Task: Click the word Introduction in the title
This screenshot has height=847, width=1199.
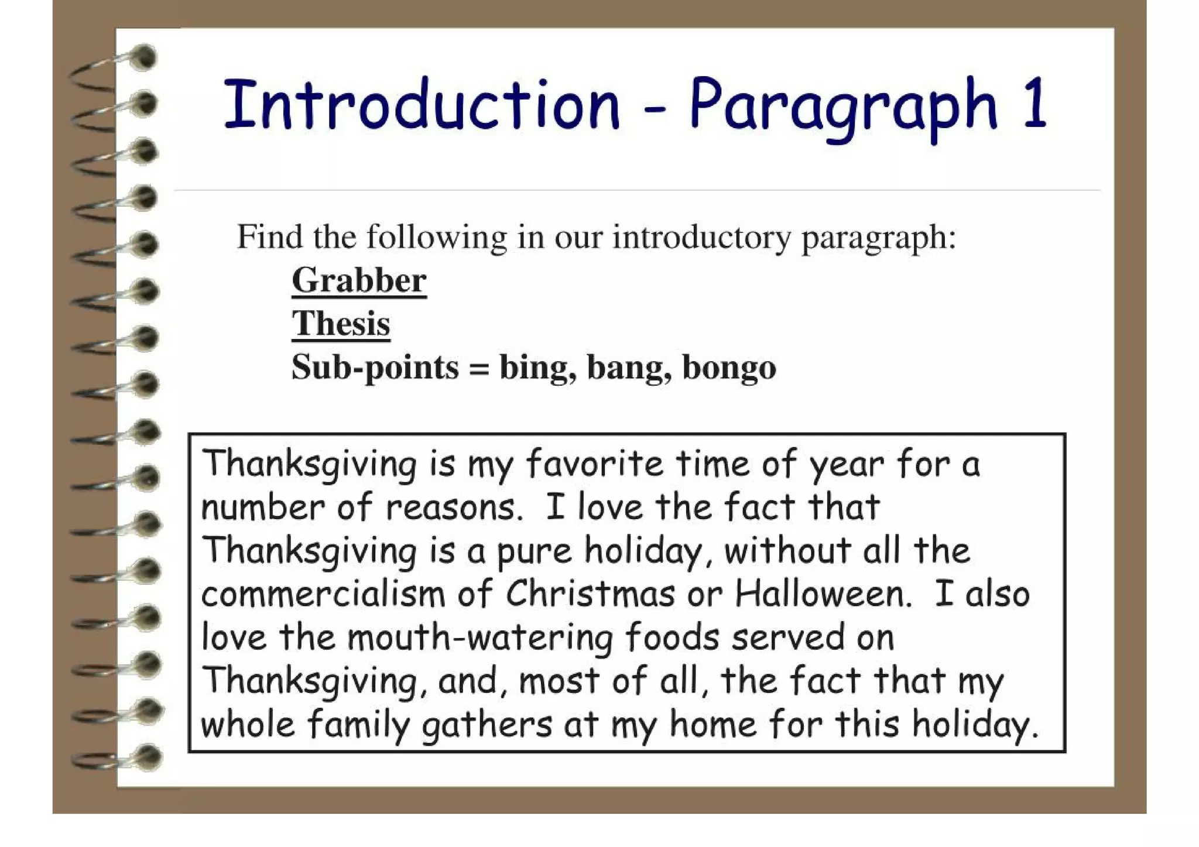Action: [x=422, y=105]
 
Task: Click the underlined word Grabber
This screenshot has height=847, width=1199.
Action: [x=359, y=280]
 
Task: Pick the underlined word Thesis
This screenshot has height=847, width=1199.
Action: [x=341, y=324]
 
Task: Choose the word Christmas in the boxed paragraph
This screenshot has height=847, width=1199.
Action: [x=590, y=594]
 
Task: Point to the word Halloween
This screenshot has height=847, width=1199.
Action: [x=823, y=594]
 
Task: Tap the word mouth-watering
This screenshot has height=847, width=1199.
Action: [x=480, y=638]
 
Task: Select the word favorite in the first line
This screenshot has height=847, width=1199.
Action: [x=595, y=464]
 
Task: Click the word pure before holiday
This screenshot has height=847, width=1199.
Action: [x=534, y=552]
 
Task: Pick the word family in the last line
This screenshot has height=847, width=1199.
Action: [x=358, y=725]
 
